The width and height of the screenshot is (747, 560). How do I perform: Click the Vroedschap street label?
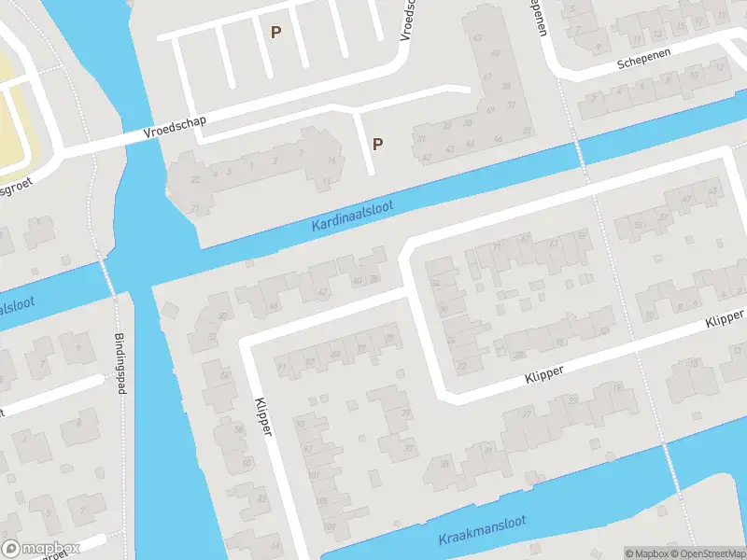point(176,128)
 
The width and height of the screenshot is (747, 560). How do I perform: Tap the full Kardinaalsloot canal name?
point(353,216)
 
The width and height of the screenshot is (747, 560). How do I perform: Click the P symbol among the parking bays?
point(275,32)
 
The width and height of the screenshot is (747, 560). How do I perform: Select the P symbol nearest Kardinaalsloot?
point(377,144)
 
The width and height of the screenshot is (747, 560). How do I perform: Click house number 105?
point(321,499)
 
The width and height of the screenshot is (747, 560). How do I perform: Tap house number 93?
point(301,423)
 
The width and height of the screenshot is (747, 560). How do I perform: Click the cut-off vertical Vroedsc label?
point(406,19)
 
